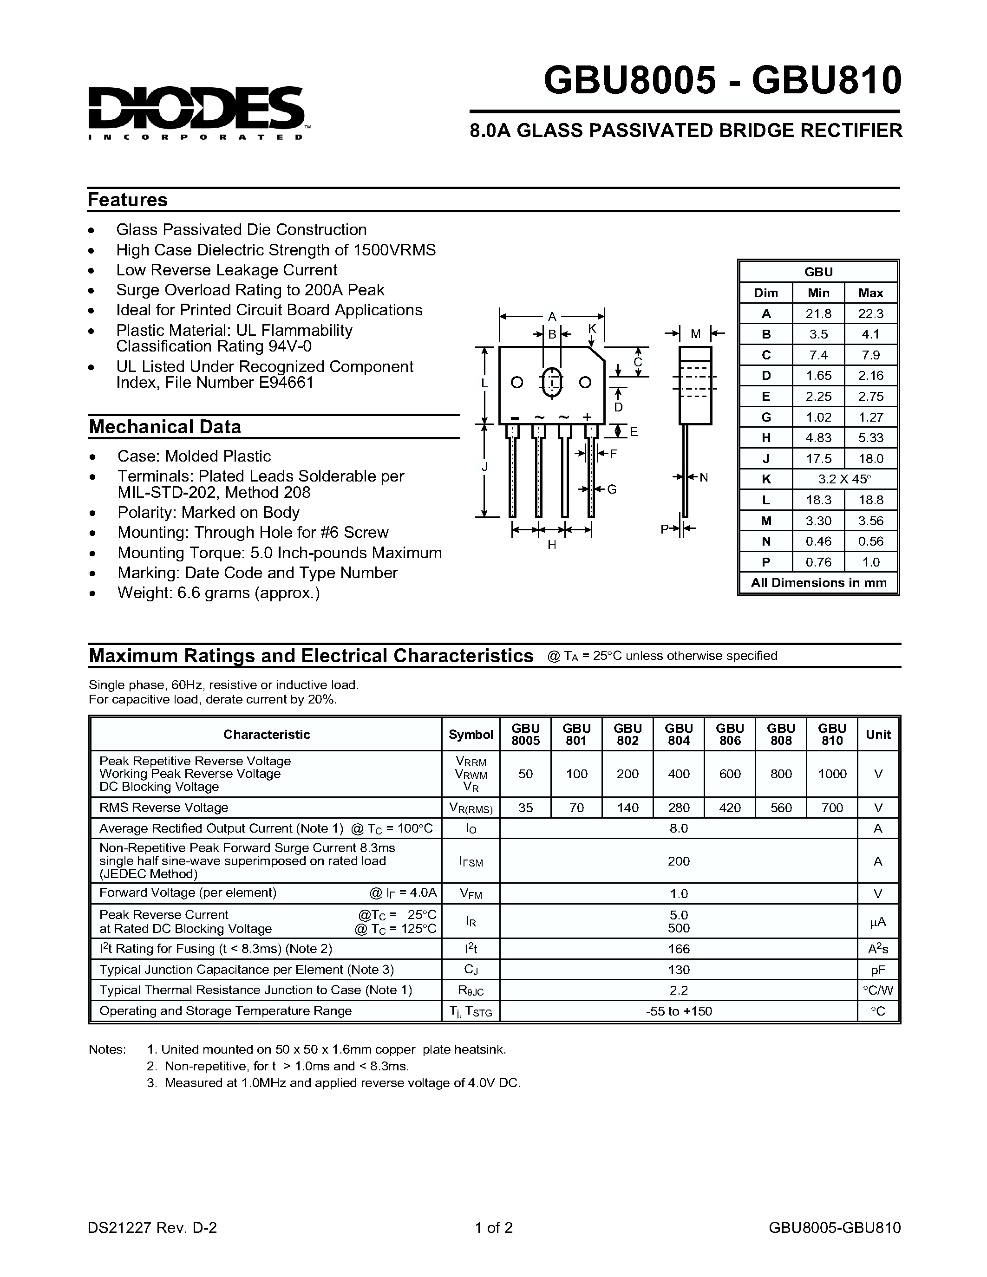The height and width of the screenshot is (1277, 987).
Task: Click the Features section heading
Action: (x=127, y=200)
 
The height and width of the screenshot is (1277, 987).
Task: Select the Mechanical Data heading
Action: (x=165, y=427)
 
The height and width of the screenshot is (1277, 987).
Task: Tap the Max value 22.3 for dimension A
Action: (x=870, y=314)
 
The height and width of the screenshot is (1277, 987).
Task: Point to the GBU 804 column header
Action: (x=679, y=735)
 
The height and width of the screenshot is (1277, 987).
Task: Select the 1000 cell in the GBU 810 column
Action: (x=832, y=774)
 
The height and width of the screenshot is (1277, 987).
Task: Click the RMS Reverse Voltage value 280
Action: (x=679, y=808)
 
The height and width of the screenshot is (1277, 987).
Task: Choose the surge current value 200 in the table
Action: (x=679, y=861)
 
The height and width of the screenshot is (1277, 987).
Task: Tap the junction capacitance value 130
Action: (x=679, y=970)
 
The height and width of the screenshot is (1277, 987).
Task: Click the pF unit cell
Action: (x=878, y=970)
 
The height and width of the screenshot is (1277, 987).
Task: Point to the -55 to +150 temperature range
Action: (x=679, y=1011)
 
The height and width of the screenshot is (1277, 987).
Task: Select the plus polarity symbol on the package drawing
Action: (x=587, y=417)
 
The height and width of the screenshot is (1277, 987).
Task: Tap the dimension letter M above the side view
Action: (x=695, y=334)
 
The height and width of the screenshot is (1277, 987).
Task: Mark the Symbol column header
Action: (x=471, y=735)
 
